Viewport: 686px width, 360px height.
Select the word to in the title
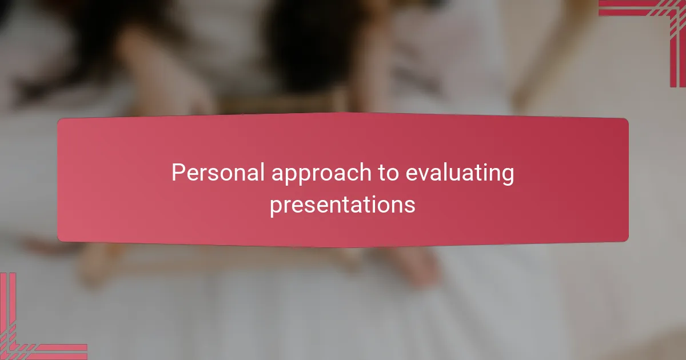click(x=387, y=173)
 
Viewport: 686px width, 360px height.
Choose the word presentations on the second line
click(x=342, y=205)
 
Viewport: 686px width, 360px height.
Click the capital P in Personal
click(x=178, y=173)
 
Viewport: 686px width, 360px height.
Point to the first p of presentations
click(x=275, y=206)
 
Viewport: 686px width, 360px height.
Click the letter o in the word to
click(x=393, y=174)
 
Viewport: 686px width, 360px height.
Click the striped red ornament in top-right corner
click(x=657, y=23)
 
